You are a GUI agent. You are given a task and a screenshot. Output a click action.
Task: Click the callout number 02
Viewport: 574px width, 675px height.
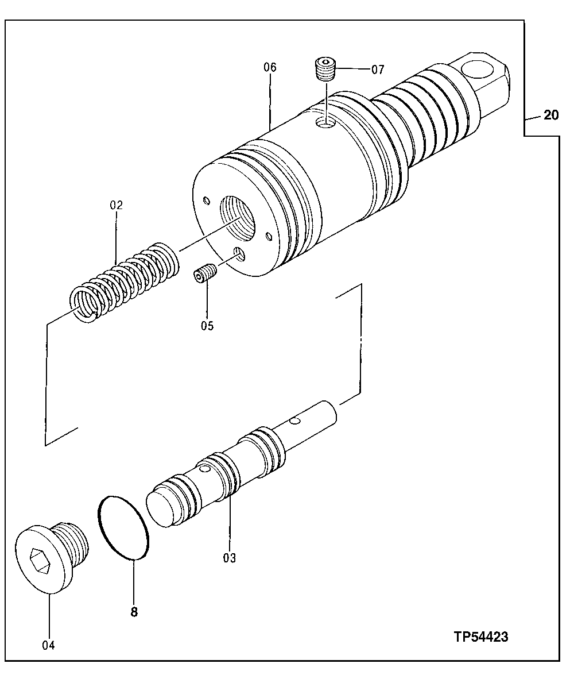[x=117, y=205]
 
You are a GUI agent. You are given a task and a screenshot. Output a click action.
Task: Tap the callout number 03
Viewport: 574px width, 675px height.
[x=230, y=557]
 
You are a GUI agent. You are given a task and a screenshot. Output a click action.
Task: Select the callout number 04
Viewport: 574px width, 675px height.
[x=48, y=645]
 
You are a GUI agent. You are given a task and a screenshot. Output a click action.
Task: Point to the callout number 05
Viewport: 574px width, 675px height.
[x=207, y=326]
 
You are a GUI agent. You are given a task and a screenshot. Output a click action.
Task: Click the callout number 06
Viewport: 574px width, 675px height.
[x=270, y=67]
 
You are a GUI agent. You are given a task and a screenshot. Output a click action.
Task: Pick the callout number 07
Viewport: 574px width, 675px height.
[x=377, y=70]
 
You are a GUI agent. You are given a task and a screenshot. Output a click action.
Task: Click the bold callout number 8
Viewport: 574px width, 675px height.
[x=134, y=612]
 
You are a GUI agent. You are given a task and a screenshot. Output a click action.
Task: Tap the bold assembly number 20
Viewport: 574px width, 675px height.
[x=550, y=115]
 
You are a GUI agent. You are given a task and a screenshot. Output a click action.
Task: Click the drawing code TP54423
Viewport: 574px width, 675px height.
[x=481, y=637]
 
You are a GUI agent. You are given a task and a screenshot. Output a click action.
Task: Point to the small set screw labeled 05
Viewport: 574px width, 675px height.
[x=204, y=274]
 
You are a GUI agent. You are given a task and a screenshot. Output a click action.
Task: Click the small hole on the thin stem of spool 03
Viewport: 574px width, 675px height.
[x=294, y=422]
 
